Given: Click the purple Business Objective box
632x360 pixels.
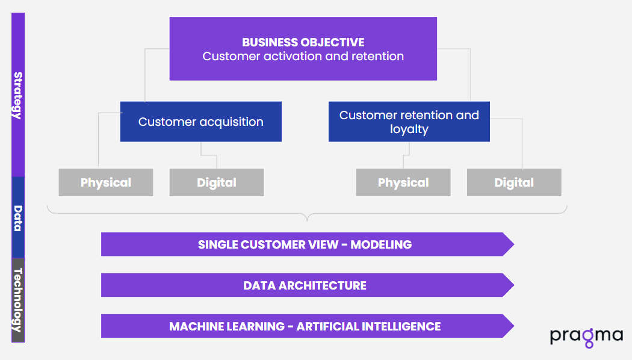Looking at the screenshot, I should tap(303, 49).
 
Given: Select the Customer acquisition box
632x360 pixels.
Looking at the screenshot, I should tap(201, 122).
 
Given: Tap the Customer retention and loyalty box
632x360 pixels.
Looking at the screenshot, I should tap(409, 122).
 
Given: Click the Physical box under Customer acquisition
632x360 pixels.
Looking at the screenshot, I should tap(106, 182).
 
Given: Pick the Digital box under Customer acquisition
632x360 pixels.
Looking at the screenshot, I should tap(217, 182).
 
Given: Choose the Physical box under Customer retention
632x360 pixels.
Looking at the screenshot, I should tap(403, 182).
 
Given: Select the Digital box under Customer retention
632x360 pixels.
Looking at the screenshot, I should tap(514, 182).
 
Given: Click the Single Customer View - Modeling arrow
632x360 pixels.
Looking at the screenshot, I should tap(305, 244).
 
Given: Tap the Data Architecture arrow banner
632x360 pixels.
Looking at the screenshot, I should tap(305, 285).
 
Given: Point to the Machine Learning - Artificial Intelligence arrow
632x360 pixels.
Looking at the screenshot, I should tap(305, 326).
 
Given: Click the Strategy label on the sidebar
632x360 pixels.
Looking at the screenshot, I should tap(18, 95).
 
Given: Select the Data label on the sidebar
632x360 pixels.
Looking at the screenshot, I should tap(18, 218).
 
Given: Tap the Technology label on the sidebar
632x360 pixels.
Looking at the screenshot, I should tap(18, 300).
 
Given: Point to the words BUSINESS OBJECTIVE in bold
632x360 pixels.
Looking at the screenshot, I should tap(303, 42).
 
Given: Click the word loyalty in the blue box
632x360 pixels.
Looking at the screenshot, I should tap(409, 129).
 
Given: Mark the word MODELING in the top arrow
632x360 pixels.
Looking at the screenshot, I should tap(382, 244).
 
